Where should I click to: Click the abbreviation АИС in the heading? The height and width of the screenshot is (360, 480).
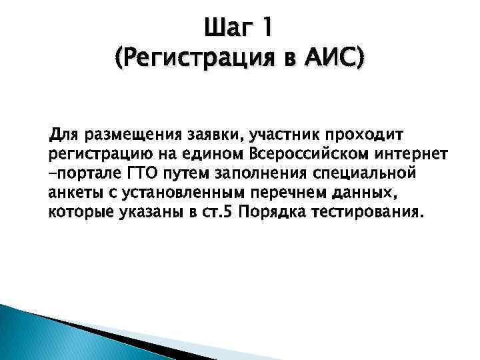(334, 61)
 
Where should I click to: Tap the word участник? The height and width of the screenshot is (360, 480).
(283, 136)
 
